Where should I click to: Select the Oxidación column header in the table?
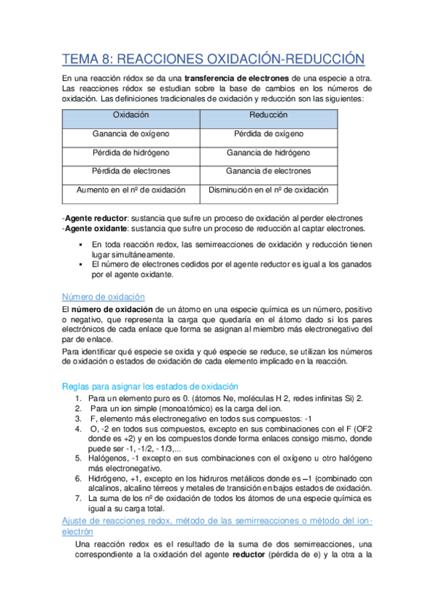pyautogui.click(x=131, y=115)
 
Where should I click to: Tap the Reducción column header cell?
pyautogui.click(x=268, y=115)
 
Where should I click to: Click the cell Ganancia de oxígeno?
pyautogui.click(x=131, y=134)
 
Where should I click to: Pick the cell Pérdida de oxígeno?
pyautogui.click(x=268, y=134)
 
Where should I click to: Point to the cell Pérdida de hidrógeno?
pyautogui.click(x=131, y=153)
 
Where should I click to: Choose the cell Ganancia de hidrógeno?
pyautogui.click(x=268, y=153)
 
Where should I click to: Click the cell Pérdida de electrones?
pyautogui.click(x=131, y=172)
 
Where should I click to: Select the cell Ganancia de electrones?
pyautogui.click(x=268, y=172)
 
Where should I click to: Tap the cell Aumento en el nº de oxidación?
pyautogui.click(x=131, y=190)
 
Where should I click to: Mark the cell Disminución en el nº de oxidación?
pyautogui.click(x=268, y=190)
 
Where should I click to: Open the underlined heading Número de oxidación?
pyautogui.click(x=104, y=297)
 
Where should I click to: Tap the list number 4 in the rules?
pyautogui.click(x=78, y=429)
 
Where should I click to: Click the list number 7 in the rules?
pyautogui.click(x=78, y=499)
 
